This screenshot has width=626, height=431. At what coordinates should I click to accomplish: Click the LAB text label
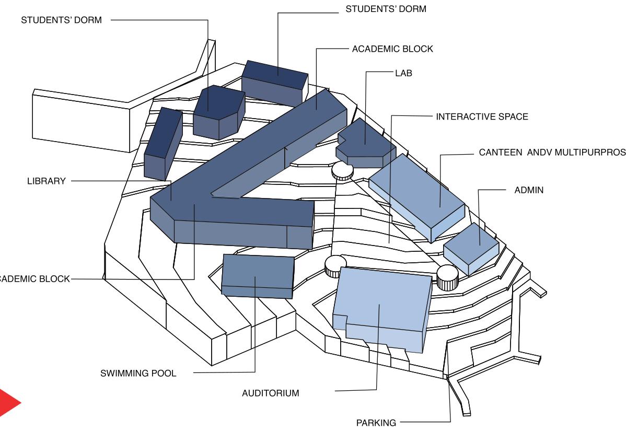(x=403, y=73)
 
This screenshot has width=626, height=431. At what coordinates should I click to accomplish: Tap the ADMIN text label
(x=529, y=190)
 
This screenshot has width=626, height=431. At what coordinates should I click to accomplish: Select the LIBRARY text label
(x=47, y=181)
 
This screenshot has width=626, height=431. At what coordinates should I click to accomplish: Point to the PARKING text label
(x=376, y=423)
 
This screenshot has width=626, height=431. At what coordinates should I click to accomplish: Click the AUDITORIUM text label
(x=271, y=393)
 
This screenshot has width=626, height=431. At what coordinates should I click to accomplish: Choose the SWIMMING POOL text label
(x=138, y=374)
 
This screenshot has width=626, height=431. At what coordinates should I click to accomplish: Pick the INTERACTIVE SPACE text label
(x=482, y=117)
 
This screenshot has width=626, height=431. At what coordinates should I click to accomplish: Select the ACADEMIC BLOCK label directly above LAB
(x=392, y=49)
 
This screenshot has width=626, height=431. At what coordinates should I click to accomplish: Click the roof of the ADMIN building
(x=470, y=240)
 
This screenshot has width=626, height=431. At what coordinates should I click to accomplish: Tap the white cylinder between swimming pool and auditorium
(x=335, y=266)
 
